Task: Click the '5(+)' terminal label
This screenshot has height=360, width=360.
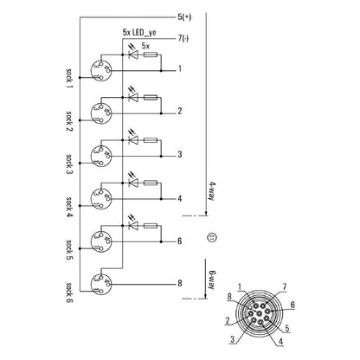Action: click(x=184, y=17)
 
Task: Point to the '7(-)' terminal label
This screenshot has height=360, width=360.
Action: click(x=183, y=37)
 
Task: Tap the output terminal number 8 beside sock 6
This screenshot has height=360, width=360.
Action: click(x=179, y=282)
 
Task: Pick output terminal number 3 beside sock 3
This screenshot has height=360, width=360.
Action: click(x=179, y=154)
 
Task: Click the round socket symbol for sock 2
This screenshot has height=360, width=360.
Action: click(x=101, y=112)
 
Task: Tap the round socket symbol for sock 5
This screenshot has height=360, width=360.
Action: click(x=101, y=241)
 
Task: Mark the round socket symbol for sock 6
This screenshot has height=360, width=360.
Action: click(x=101, y=283)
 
